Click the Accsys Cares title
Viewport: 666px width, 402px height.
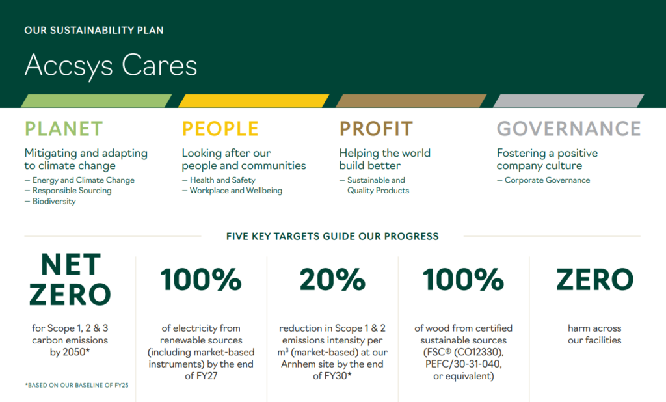click(111, 66)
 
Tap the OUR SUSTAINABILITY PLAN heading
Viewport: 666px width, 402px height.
click(94, 30)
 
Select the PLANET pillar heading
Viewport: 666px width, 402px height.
click(64, 129)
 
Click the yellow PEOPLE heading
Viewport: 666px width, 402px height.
click(220, 129)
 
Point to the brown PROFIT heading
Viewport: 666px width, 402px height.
click(376, 129)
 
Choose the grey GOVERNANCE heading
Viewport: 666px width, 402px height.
click(568, 129)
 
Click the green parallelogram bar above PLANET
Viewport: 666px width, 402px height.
click(96, 101)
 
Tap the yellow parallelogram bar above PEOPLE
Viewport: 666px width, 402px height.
click(254, 101)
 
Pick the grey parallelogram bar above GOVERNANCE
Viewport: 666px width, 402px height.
click(568, 101)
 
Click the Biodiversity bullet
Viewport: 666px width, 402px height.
click(50, 202)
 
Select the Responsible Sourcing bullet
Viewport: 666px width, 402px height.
click(68, 191)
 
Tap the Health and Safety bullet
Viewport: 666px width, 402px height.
click(219, 180)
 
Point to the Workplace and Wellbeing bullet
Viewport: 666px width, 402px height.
click(232, 191)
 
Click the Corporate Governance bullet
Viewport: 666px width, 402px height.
click(543, 180)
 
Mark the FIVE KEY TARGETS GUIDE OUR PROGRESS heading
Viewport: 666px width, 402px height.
click(332, 236)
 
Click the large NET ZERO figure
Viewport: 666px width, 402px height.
click(70, 279)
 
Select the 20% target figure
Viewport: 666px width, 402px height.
click(332, 280)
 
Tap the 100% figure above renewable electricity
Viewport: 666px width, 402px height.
click(201, 280)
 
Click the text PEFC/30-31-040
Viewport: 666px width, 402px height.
click(463, 364)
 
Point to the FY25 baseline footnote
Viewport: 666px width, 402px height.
click(77, 386)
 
